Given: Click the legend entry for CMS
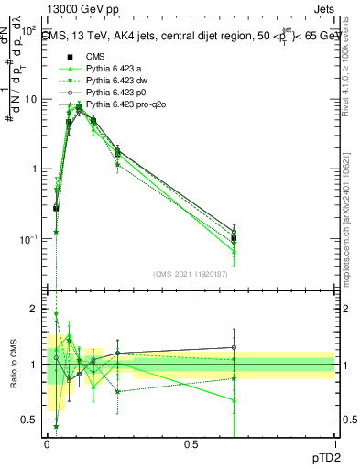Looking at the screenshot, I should pyautogui.click(x=95, y=55).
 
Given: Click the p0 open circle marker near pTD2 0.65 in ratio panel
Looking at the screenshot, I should pyautogui.click(x=234, y=348).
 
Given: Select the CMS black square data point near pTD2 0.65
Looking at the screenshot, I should pyautogui.click(x=234, y=237).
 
